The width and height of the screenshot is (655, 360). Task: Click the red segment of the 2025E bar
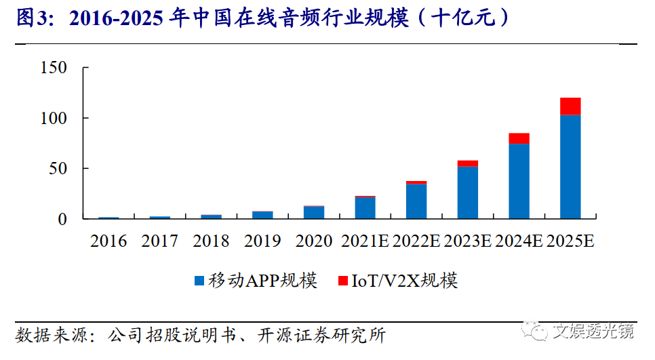click(570, 106)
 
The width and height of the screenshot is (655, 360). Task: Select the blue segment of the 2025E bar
click(570, 166)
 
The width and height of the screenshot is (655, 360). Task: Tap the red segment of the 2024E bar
click(519, 138)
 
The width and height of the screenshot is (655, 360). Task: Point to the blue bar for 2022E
click(416, 201)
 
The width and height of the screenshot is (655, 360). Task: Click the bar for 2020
click(314, 212)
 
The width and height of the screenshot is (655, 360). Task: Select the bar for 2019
click(262, 215)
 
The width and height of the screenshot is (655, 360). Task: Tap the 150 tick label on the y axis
click(54, 68)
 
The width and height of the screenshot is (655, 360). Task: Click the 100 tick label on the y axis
click(54, 119)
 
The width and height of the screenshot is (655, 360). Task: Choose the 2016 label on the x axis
click(108, 241)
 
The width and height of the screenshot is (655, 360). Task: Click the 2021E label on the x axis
click(365, 241)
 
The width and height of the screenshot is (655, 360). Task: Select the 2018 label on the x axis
click(211, 241)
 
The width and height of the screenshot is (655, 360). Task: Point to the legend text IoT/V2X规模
click(404, 281)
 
